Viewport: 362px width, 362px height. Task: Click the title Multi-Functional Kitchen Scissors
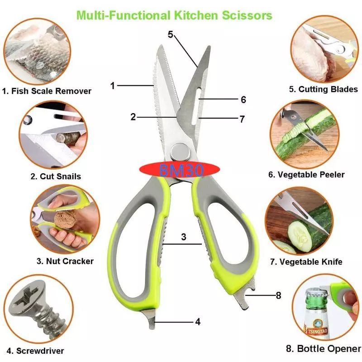[x=174, y=15]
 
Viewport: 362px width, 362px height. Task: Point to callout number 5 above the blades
[x=170, y=34]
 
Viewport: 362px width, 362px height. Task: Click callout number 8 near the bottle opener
[x=278, y=295]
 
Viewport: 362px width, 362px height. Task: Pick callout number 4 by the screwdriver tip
[x=198, y=322]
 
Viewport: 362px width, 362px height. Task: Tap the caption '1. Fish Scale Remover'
[x=47, y=91]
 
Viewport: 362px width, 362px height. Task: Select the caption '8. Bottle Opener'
[x=324, y=349]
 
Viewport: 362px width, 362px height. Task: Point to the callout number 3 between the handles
[x=183, y=237]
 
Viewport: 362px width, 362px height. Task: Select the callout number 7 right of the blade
[x=242, y=119]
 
